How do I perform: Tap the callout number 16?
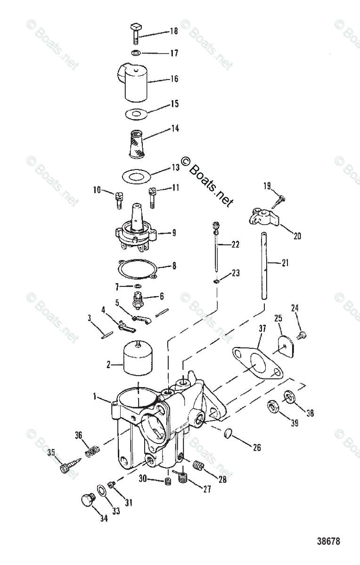(x=174, y=79)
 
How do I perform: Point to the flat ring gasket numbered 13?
(x=136, y=177)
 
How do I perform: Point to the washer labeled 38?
(x=289, y=396)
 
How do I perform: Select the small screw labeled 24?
(x=302, y=335)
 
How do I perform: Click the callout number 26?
(x=256, y=448)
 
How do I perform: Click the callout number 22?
(x=235, y=245)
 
